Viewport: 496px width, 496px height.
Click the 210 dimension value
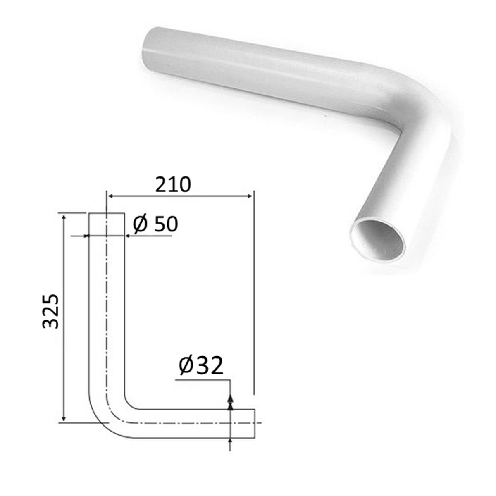[x=173, y=184]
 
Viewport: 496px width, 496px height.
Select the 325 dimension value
[x=50, y=311]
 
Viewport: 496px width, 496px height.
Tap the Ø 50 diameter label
[x=155, y=224]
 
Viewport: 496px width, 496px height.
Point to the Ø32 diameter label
[x=200, y=366]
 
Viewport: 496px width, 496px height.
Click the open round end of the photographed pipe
[x=377, y=241]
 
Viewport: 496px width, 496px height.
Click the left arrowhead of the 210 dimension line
[x=111, y=196]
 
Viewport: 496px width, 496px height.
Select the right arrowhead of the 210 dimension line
[x=249, y=196]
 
